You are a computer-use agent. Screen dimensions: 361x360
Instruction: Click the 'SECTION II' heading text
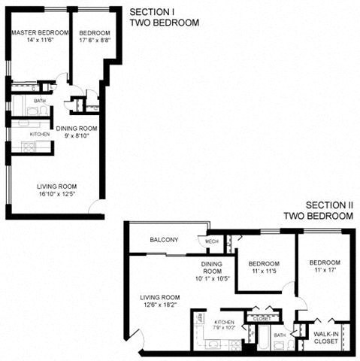[328, 205]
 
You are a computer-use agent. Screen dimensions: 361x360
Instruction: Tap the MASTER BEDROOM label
[40, 33]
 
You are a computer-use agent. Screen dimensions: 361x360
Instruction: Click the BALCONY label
[164, 240]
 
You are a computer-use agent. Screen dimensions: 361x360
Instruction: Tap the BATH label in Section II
[280, 335]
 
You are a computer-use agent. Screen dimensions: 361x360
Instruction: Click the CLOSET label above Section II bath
[262, 318]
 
